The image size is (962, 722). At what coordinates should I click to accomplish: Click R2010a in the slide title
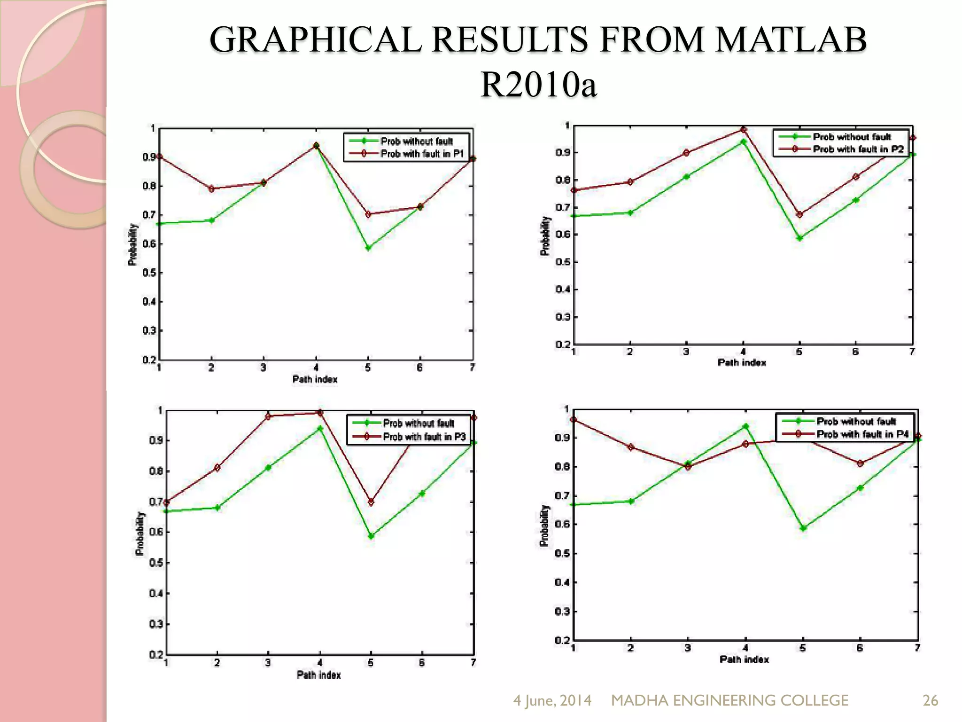tap(538, 85)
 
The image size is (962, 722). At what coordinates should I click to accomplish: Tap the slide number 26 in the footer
tap(930, 700)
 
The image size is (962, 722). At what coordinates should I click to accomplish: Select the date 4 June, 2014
tap(552, 700)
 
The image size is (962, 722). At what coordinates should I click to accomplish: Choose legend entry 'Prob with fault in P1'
tap(422, 154)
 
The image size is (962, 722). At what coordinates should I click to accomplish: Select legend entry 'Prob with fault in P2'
tap(858, 149)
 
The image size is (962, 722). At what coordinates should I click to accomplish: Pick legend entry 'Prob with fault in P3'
tap(424, 437)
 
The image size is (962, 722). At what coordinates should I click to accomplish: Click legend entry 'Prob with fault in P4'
tap(862, 434)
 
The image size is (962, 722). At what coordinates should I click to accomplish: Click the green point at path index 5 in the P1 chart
tap(368, 248)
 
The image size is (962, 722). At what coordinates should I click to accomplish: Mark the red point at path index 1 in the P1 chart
tap(159, 157)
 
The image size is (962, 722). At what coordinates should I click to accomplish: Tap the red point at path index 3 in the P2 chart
tap(686, 153)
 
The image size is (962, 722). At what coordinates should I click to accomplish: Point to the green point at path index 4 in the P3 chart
tap(320, 428)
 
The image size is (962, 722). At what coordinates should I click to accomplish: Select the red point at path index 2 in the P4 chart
tap(631, 447)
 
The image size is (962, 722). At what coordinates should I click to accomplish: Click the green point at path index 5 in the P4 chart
tap(803, 528)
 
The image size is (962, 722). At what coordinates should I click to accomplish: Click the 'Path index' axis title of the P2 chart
tap(742, 362)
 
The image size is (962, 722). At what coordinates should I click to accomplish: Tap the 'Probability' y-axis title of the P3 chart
tap(140, 534)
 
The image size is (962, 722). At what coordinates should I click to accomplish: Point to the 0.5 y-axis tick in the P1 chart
tap(149, 273)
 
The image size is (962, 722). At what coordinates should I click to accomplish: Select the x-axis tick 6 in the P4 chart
tap(860, 648)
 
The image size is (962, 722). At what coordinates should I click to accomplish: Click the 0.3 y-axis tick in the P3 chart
tap(156, 624)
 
